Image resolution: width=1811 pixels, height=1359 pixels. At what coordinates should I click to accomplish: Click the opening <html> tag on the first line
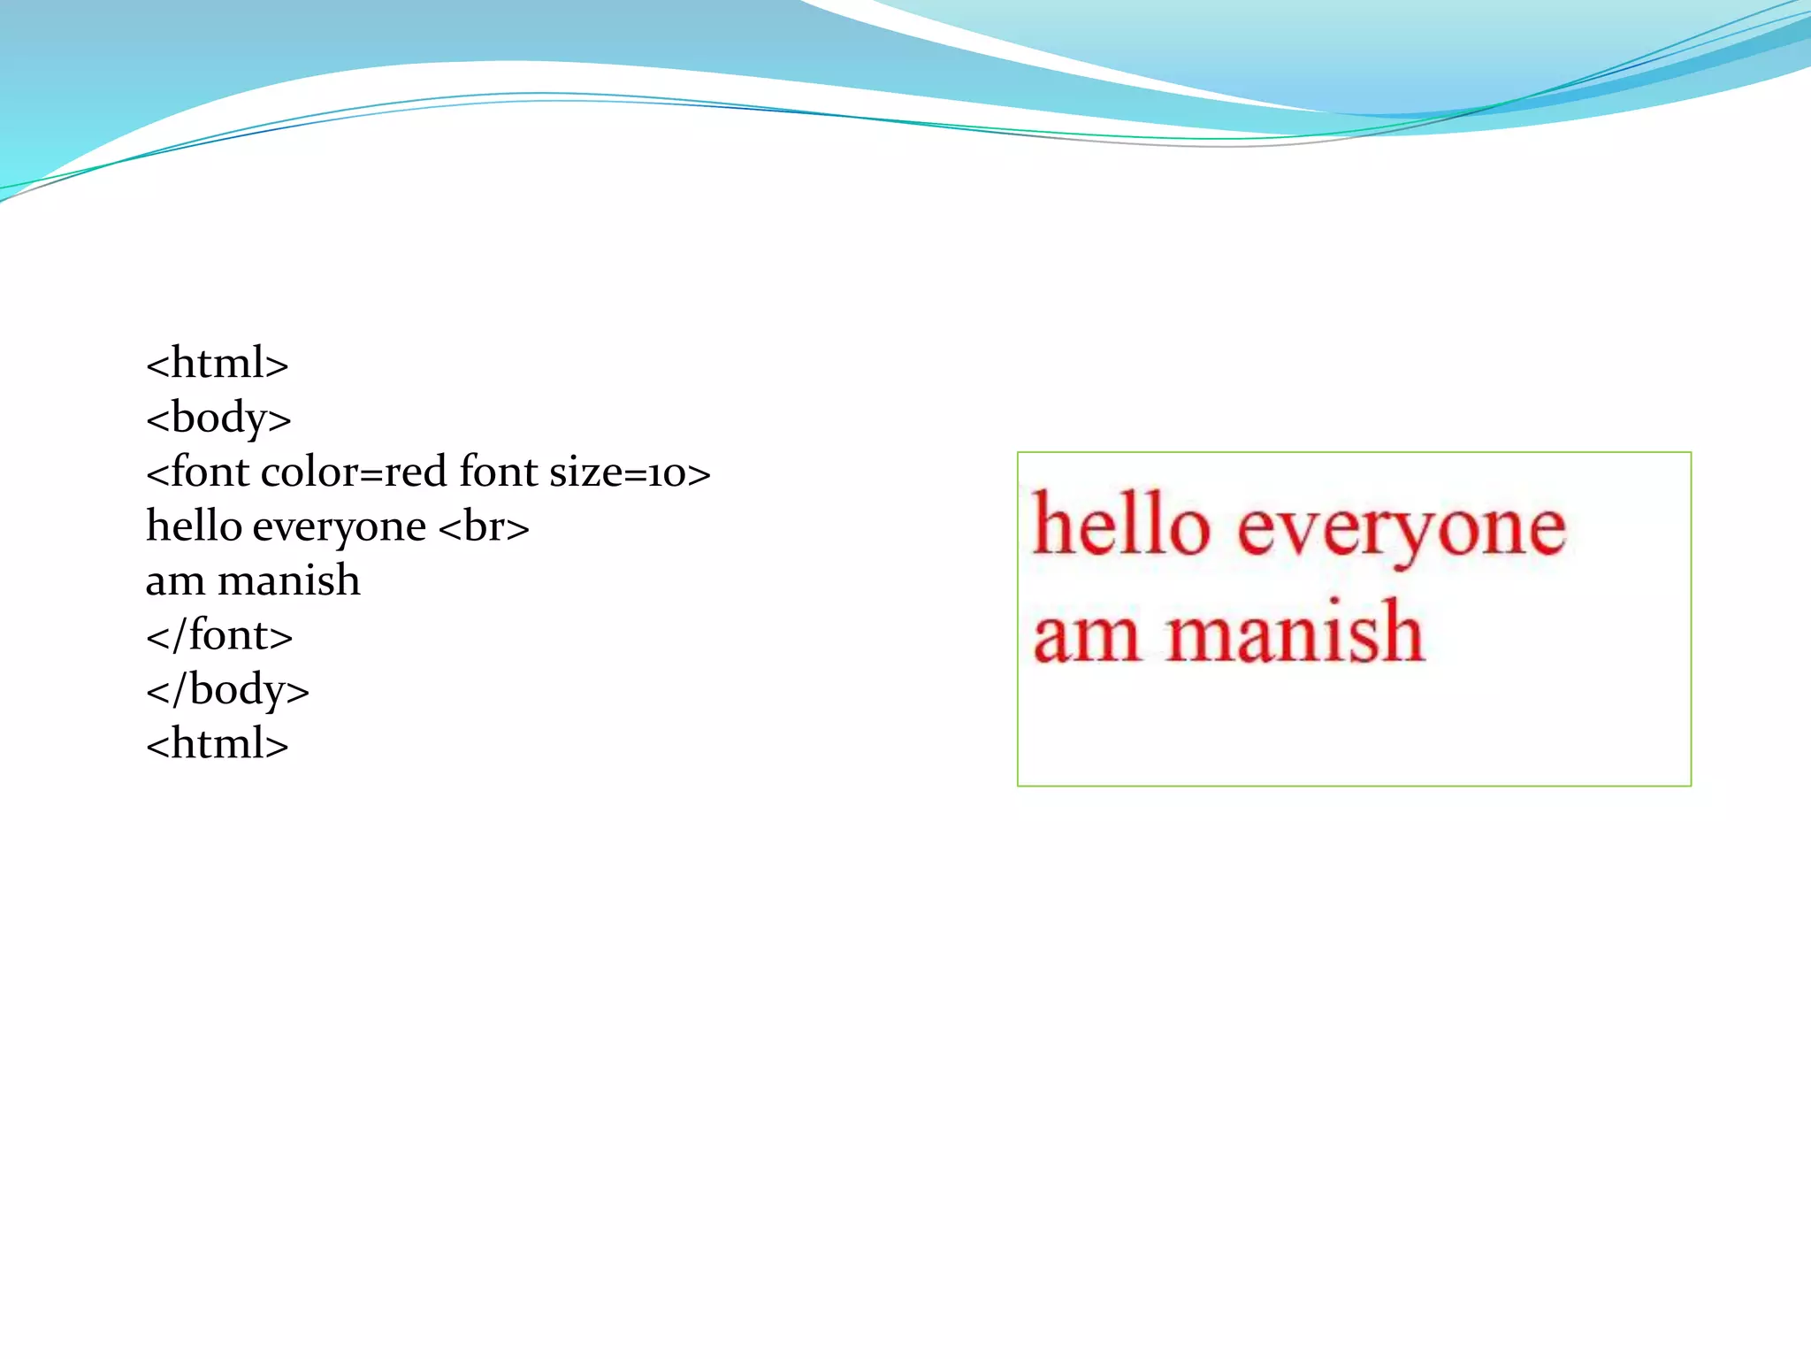coord(217,363)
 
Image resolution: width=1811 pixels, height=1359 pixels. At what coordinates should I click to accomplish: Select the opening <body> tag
coord(218,418)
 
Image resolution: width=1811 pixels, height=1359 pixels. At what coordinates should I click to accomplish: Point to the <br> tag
coord(484,527)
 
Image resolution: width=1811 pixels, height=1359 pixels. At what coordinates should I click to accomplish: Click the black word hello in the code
coord(194,526)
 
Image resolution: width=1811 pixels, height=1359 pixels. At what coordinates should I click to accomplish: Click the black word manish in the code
coord(289,581)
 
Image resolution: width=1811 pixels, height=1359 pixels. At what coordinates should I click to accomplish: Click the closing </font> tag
coord(219,635)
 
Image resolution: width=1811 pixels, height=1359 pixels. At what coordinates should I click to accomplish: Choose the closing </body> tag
coord(227,690)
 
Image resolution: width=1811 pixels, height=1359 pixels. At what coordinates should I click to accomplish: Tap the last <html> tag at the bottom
coord(217,744)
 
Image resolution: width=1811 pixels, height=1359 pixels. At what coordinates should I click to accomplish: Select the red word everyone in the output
coord(1401,531)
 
